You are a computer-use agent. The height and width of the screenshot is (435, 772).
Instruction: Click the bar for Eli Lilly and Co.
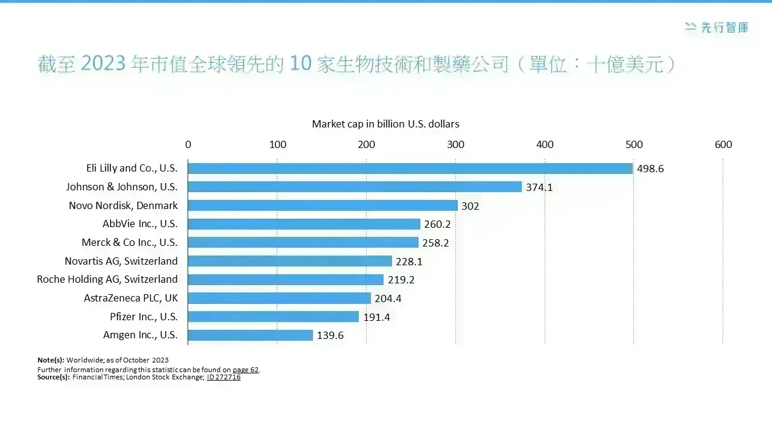pos(410,169)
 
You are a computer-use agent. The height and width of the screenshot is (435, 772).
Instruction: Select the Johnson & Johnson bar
pos(355,187)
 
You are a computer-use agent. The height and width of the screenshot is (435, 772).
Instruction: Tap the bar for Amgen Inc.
pos(250,335)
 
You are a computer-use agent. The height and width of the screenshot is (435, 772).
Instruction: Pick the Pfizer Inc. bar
pos(273,317)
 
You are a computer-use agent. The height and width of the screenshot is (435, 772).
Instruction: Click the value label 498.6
pos(650,169)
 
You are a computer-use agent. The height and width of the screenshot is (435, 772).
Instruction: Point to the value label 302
pos(470,206)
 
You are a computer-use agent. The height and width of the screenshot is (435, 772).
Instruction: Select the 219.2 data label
pos(401,280)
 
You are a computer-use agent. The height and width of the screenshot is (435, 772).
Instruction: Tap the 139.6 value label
pos(330,335)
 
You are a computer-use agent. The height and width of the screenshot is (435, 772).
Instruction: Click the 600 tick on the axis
pos(723,144)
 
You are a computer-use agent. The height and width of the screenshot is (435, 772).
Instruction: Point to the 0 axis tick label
pos(188,144)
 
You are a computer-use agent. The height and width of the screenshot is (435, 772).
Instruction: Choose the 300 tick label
pos(455,144)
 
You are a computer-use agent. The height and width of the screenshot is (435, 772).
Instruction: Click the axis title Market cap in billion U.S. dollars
pos(385,124)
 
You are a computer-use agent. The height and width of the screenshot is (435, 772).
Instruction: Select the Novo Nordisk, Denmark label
pos(124,205)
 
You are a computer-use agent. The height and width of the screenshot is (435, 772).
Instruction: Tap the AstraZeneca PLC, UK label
pos(131,298)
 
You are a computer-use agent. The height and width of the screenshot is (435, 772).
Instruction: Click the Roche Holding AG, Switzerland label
pos(107,279)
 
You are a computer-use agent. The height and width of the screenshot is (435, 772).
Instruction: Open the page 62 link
pos(245,370)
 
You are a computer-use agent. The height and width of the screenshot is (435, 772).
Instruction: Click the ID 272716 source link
pos(224,377)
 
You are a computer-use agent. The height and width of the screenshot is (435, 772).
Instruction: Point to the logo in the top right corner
pos(716,28)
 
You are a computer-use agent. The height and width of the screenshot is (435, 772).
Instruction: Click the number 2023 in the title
pos(103,63)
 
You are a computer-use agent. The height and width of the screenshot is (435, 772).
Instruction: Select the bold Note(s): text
pos(51,360)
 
